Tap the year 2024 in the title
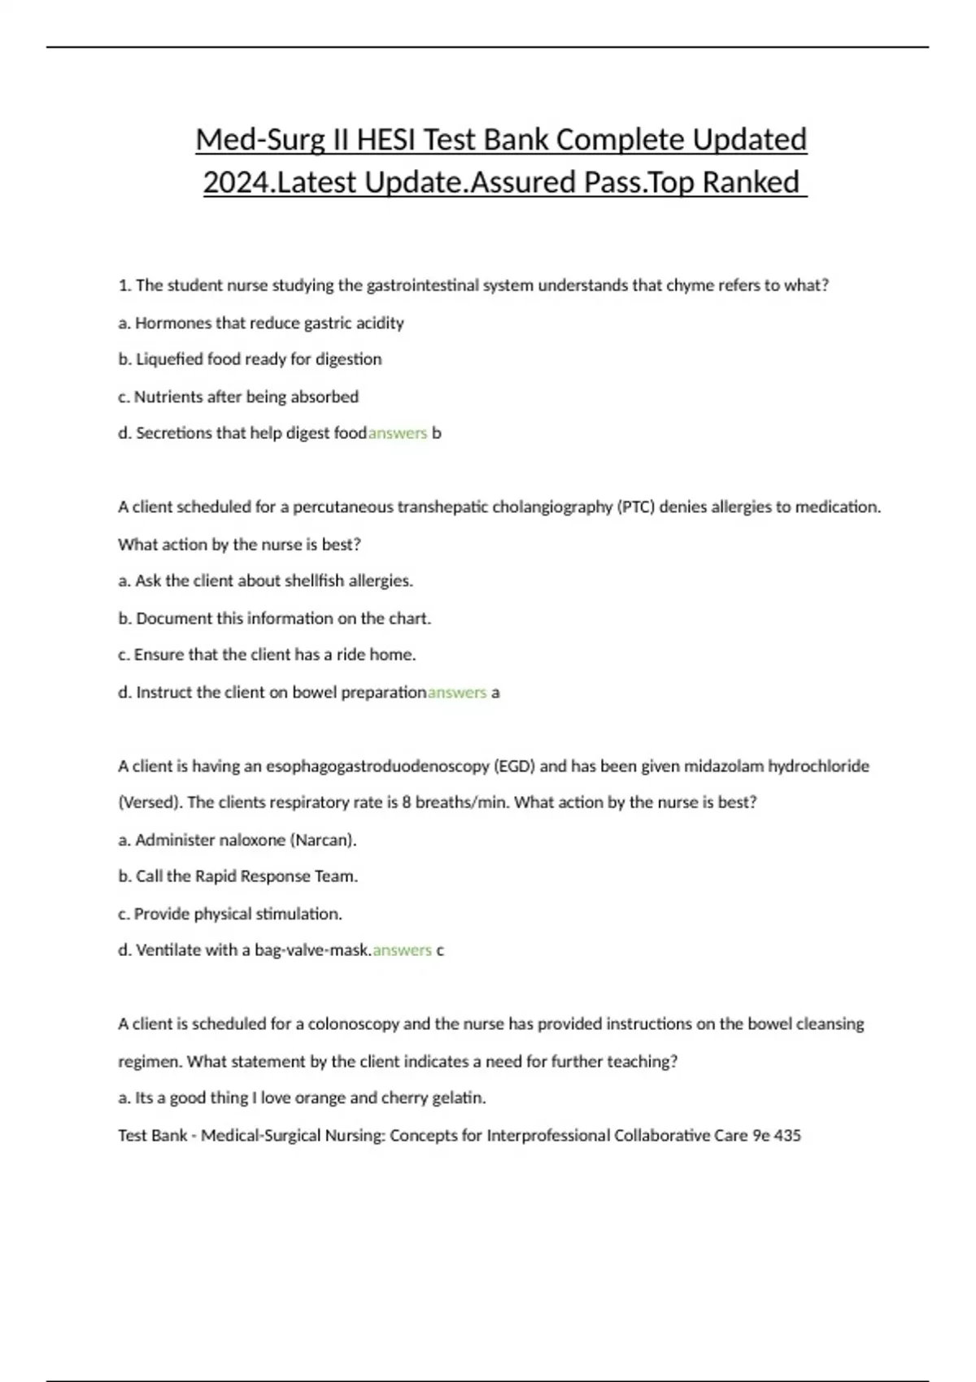(x=236, y=182)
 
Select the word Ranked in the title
(x=751, y=182)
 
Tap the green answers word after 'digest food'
(x=398, y=433)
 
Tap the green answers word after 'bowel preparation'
(x=457, y=693)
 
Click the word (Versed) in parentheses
(x=150, y=802)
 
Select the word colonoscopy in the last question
(x=353, y=1024)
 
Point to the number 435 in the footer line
(x=787, y=1136)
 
